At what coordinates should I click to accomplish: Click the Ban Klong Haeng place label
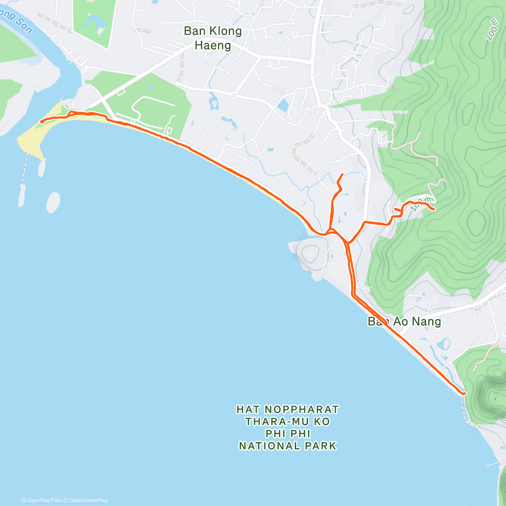click(x=213, y=38)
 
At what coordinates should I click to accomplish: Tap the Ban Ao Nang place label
click(x=398, y=321)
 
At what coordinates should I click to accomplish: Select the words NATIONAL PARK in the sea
click(x=288, y=446)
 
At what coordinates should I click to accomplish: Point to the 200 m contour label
click(x=491, y=32)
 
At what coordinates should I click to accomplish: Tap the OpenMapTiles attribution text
click(x=44, y=501)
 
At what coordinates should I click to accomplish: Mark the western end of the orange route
click(x=41, y=122)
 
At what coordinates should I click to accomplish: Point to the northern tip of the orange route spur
click(x=342, y=174)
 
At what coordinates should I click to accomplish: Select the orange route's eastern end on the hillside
click(x=434, y=209)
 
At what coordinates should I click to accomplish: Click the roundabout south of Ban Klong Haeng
click(x=233, y=96)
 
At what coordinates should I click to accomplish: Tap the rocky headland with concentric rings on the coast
click(x=310, y=253)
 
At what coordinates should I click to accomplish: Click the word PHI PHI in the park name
click(x=288, y=433)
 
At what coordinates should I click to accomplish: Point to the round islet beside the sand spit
click(x=54, y=202)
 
